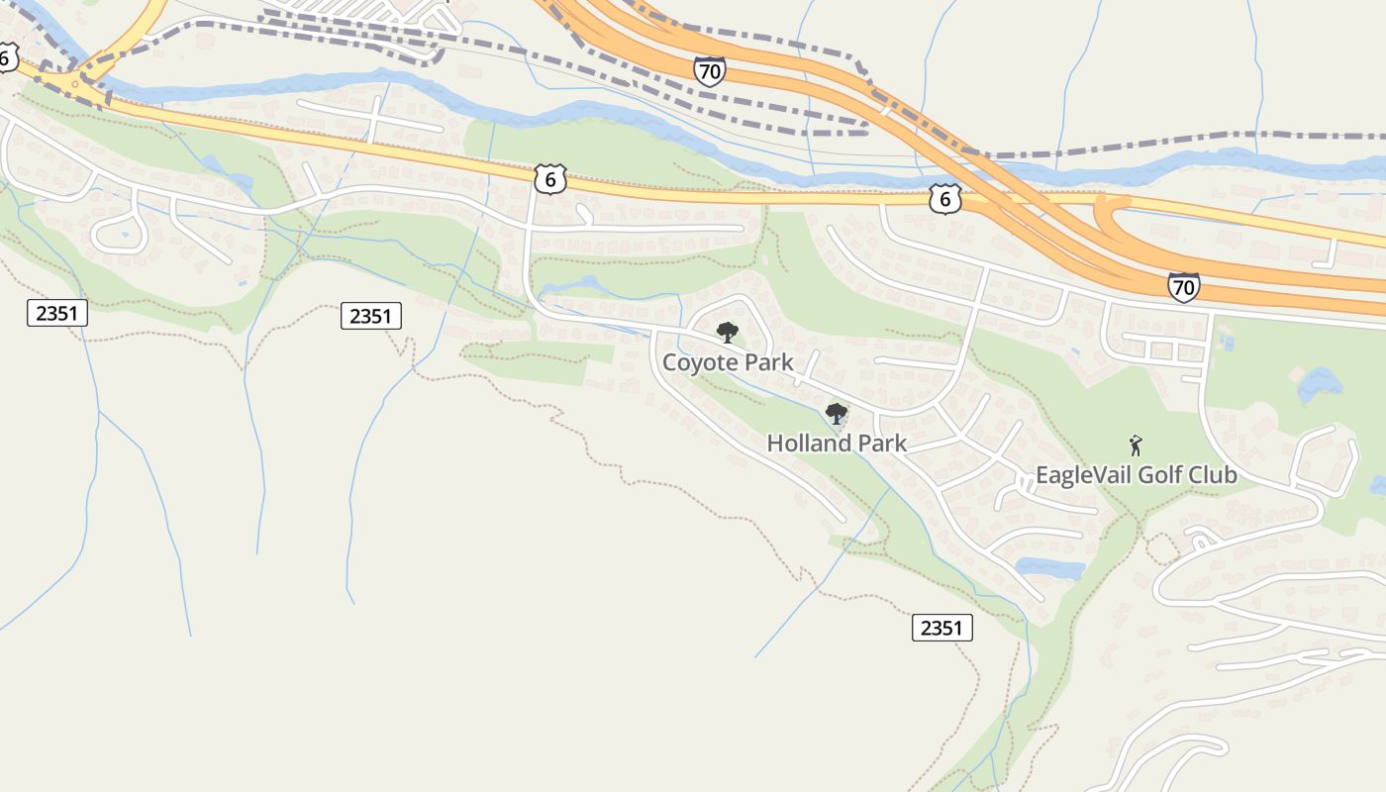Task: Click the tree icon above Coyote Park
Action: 728,333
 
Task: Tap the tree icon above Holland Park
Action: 837,414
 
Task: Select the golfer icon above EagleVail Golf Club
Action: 1136,445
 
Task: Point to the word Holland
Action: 808,444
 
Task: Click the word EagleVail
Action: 1082,475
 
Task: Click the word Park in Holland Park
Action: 880,444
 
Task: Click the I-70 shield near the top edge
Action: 709,70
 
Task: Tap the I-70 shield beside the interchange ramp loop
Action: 1183,287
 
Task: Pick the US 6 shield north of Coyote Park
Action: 549,179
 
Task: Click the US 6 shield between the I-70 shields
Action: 945,199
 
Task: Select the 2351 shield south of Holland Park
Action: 940,628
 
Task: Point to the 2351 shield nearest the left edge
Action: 57,314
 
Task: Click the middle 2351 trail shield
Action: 370,316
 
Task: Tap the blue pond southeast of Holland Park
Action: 1051,568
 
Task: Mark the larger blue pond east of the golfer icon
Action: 1320,384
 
